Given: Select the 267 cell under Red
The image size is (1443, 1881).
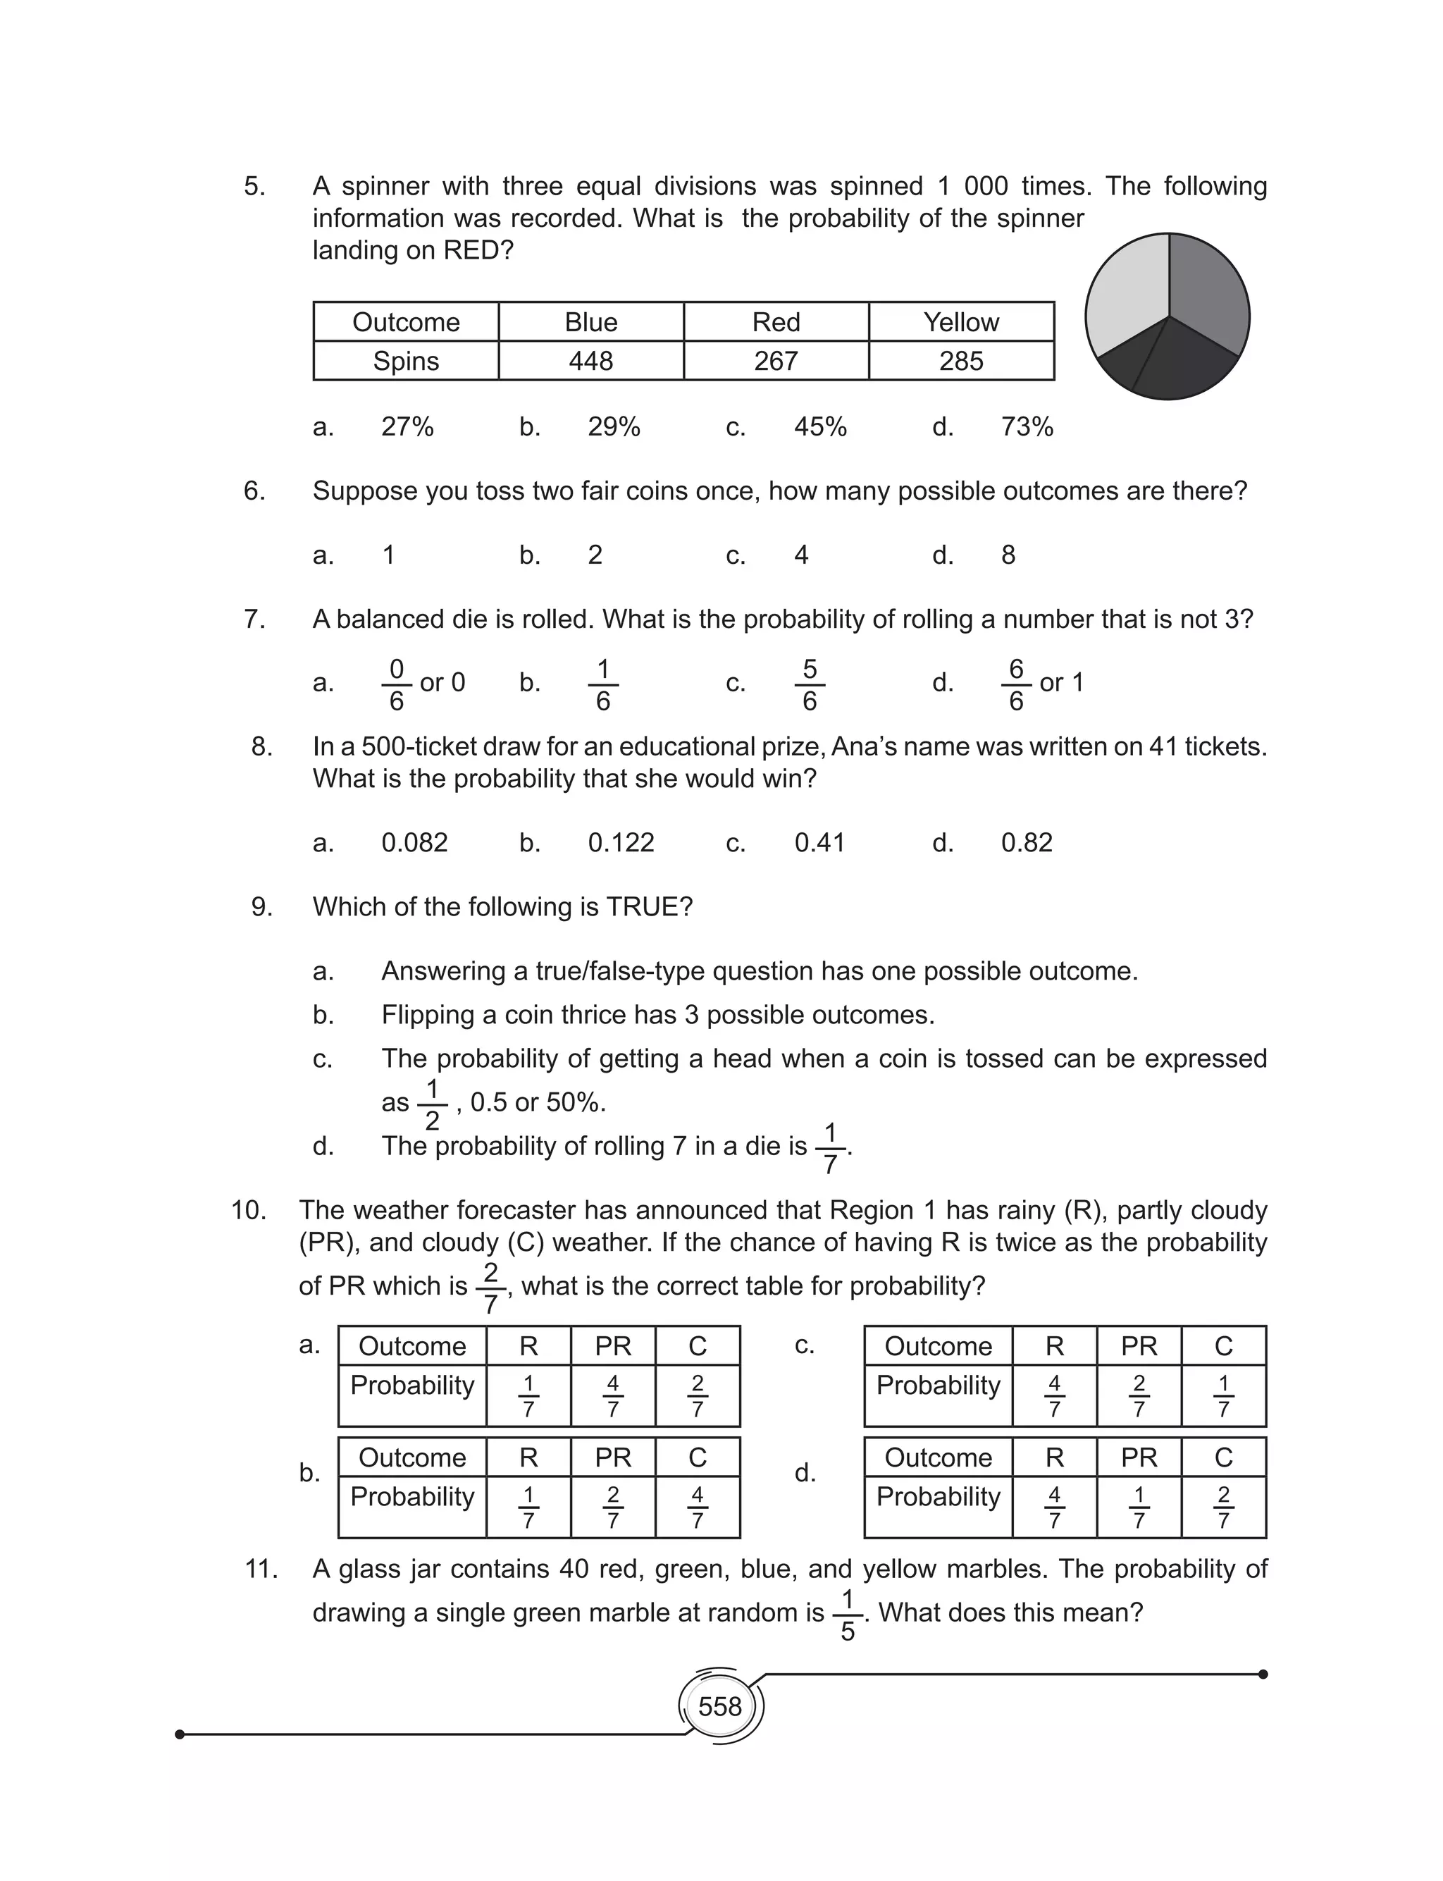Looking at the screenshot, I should pos(776,361).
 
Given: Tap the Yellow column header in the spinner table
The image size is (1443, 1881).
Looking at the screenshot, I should pos(960,322).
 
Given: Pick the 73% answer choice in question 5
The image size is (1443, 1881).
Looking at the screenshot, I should pos(1027,427).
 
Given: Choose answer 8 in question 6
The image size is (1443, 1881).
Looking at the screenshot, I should pos(1008,555).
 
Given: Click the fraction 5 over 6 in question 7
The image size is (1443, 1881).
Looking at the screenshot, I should pos(809,684).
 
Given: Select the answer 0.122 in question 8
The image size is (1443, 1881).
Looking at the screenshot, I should pos(620,843).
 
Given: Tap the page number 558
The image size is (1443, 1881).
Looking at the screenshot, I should pos(720,1706).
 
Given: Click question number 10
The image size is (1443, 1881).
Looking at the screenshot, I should pos(248,1210).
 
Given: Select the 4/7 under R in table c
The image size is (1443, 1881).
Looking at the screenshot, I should pos(1054,1395).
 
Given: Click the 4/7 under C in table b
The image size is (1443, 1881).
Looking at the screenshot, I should pos(697,1507).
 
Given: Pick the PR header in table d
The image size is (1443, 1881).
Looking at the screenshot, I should pos(1138,1457).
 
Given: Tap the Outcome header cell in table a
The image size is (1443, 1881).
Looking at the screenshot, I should pos(411,1346).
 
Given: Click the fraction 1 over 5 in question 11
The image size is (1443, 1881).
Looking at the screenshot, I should pos(847,1615).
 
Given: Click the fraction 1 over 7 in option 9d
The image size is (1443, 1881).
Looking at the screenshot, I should pos(830,1147).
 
